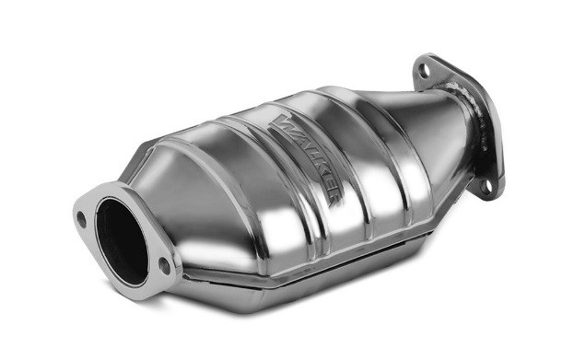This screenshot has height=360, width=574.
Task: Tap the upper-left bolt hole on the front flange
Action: pyautogui.click(x=83, y=220)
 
